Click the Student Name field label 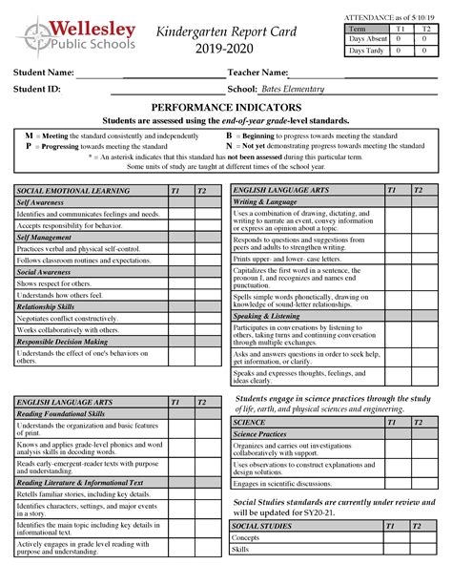[43, 73]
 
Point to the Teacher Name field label [257, 73]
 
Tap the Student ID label [36, 89]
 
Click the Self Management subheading [46, 237]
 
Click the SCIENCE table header [250, 421]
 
